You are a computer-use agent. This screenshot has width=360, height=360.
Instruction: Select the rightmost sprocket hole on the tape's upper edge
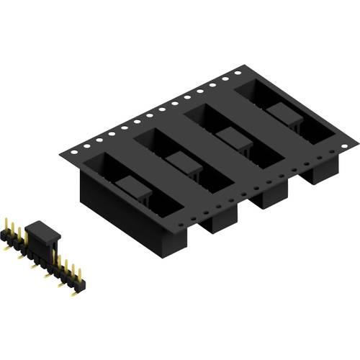point(238,72)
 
